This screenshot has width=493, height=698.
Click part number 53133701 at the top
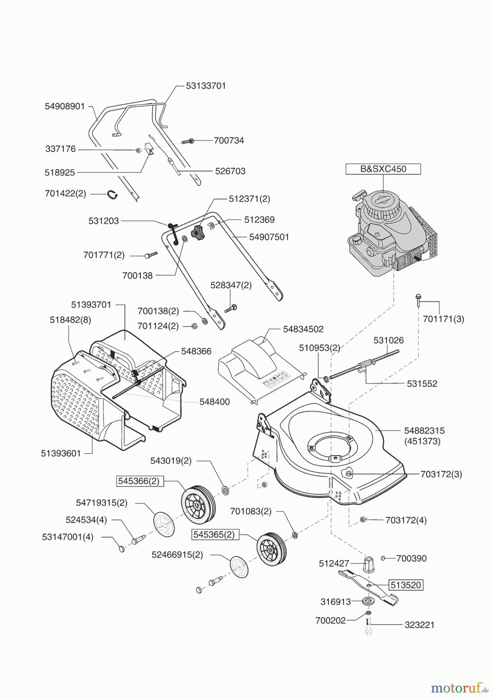tap(205, 86)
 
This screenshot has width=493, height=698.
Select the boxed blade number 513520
tap(405, 585)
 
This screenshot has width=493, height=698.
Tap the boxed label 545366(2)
tap(139, 481)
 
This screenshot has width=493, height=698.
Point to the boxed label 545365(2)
tap(214, 534)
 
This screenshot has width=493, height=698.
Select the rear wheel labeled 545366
tap(198, 504)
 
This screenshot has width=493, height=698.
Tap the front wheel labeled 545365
tap(271, 549)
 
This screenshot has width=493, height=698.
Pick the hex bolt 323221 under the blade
tap(368, 627)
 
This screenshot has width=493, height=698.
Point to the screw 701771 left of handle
tap(151, 255)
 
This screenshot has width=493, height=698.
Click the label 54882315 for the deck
tap(424, 430)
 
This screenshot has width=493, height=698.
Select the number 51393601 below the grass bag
tap(61, 453)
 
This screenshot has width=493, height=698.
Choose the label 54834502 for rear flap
tap(303, 329)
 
